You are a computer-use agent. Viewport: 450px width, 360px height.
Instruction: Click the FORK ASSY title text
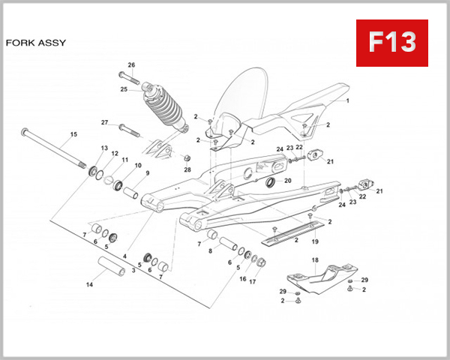click(x=35, y=43)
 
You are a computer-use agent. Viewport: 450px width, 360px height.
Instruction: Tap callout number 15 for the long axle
click(x=73, y=135)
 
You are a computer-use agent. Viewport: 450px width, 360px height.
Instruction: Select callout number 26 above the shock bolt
click(x=131, y=64)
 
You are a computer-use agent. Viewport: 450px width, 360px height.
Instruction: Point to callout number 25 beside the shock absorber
click(x=124, y=89)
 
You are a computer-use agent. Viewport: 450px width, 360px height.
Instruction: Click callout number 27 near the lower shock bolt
click(x=105, y=122)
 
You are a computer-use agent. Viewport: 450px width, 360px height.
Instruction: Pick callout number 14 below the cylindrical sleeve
click(x=90, y=285)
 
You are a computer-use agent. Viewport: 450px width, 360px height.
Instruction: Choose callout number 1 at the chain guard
click(x=347, y=100)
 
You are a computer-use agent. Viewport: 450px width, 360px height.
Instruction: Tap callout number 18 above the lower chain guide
click(x=315, y=260)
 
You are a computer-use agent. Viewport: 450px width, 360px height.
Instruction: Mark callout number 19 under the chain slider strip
click(x=315, y=241)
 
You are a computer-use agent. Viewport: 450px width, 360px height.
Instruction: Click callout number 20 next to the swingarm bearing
click(x=288, y=181)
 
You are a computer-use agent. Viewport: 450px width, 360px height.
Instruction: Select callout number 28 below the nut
click(x=187, y=169)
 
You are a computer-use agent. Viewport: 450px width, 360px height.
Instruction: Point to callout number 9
click(x=148, y=173)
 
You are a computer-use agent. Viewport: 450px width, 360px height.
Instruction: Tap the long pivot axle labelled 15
click(x=56, y=150)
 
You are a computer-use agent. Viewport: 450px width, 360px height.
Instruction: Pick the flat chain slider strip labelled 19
click(x=296, y=230)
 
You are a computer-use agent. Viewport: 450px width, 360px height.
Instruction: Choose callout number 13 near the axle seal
click(x=104, y=148)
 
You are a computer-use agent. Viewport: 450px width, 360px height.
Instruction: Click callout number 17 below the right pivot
click(x=253, y=281)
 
